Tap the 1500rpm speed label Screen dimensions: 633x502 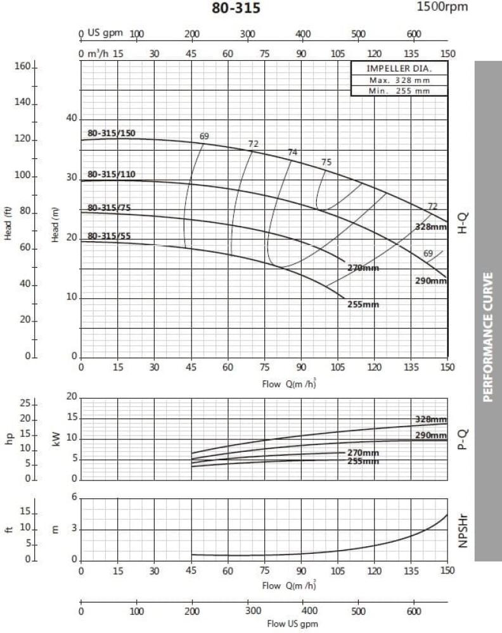point(442,7)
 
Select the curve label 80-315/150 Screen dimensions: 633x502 point(112,134)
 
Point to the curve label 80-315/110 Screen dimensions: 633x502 point(112,175)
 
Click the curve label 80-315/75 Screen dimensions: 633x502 point(110,208)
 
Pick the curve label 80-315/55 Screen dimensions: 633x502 point(110,236)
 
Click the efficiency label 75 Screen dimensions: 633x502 point(326,162)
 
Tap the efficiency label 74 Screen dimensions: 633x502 point(292,152)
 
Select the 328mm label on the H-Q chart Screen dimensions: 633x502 point(431,227)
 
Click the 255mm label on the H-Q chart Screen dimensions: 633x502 point(363,304)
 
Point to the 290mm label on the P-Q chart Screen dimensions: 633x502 point(431,436)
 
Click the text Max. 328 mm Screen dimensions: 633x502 point(399,80)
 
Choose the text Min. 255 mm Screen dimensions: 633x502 point(399,91)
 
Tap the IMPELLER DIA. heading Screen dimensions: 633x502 point(399,69)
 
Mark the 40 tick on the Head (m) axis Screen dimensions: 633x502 point(71,118)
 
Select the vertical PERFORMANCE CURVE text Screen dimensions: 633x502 point(487,337)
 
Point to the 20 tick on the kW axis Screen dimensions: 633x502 point(71,396)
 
